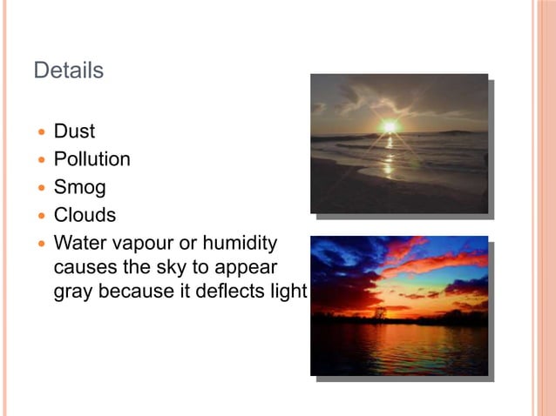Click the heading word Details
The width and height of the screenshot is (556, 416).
(x=68, y=70)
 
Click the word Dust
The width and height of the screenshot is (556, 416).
(x=74, y=131)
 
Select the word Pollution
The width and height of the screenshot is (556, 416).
(x=92, y=159)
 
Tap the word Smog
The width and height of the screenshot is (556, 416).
(x=79, y=187)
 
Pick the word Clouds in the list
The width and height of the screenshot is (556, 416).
(x=85, y=214)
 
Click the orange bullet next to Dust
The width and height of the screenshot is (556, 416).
(x=39, y=132)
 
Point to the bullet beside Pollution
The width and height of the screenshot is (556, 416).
(x=39, y=160)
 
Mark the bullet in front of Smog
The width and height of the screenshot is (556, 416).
(x=39, y=188)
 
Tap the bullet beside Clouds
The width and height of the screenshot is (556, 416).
(x=39, y=215)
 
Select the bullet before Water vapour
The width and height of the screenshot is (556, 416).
(x=39, y=243)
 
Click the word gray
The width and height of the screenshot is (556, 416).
(x=74, y=292)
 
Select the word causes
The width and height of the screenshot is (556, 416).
(x=83, y=266)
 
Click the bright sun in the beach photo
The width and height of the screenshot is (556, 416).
(x=389, y=127)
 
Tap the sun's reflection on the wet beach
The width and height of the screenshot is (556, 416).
(x=389, y=161)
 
